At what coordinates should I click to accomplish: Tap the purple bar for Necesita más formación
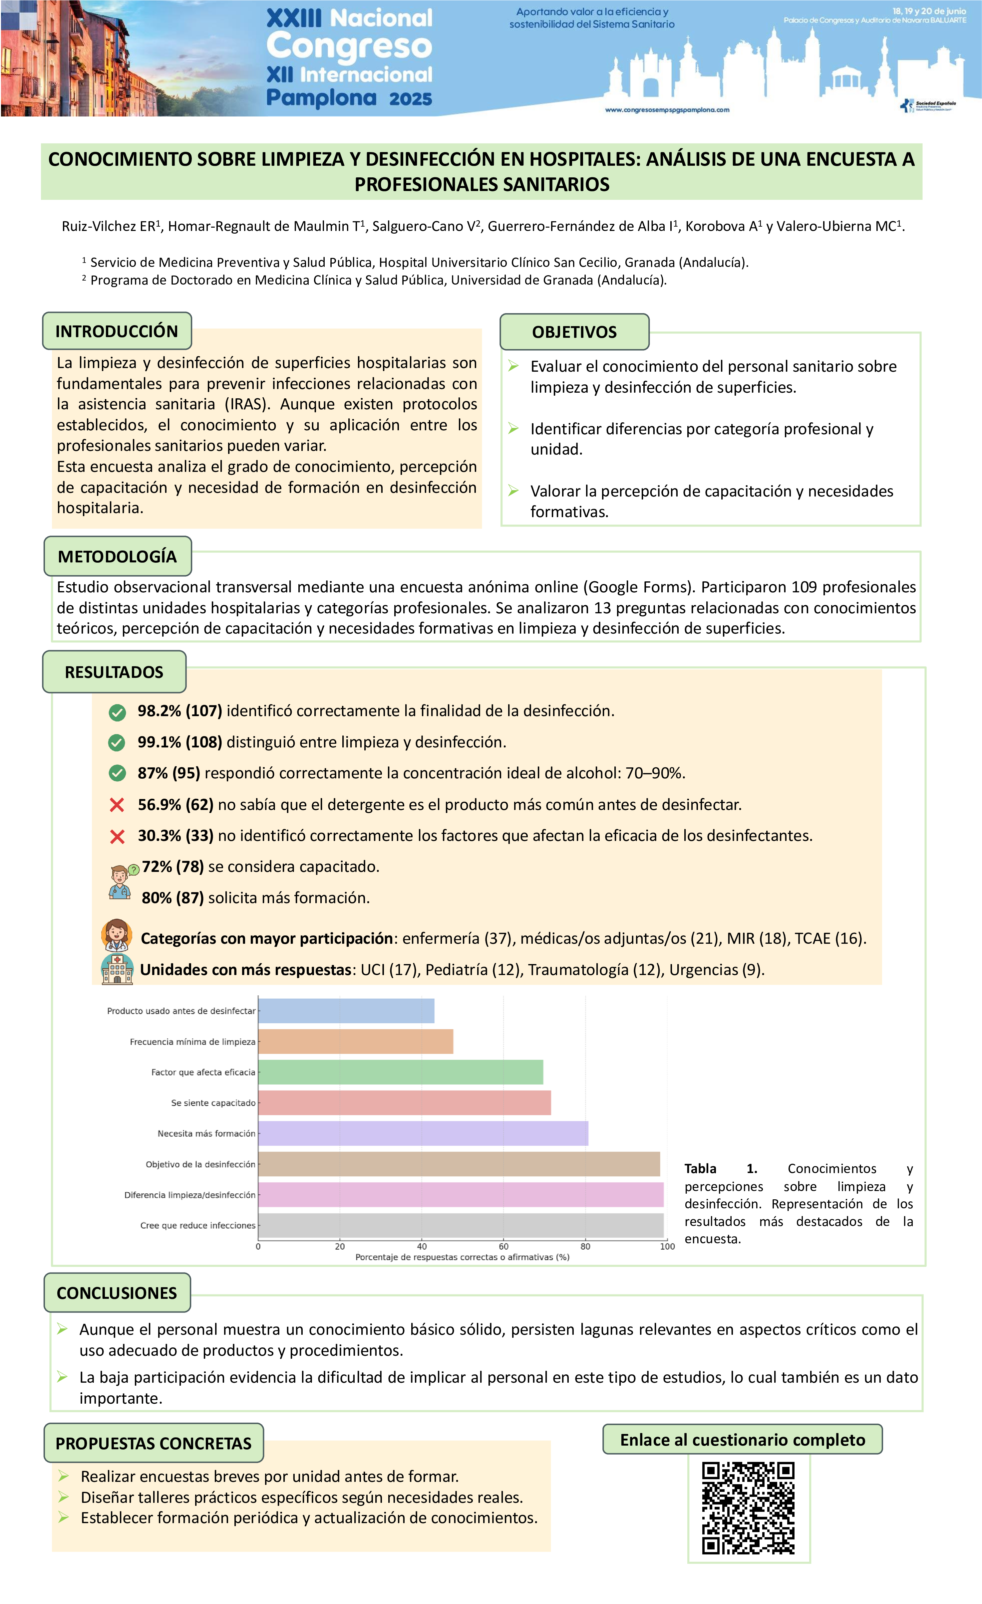[423, 1133]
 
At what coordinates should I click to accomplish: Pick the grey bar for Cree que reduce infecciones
[461, 1225]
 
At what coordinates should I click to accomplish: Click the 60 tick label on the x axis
[503, 1247]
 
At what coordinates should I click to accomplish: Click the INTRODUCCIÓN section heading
[117, 331]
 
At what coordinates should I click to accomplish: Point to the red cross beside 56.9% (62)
[117, 805]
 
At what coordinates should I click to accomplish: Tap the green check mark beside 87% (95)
[117, 773]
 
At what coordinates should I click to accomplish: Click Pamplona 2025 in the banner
[349, 98]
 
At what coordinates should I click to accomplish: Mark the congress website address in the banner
[667, 110]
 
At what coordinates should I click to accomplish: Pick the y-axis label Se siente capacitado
[213, 1103]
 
